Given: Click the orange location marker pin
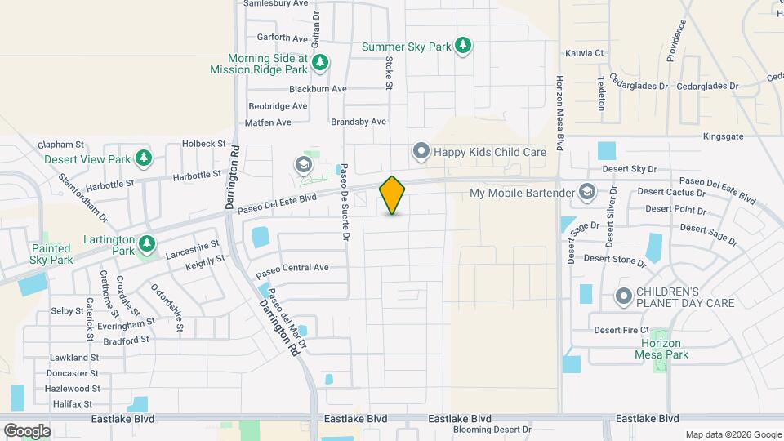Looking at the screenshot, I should [x=392, y=195].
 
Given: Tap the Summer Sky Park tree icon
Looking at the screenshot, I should [x=464, y=46].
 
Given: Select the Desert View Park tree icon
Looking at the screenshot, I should [x=144, y=158].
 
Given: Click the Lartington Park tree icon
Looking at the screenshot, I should [x=147, y=243].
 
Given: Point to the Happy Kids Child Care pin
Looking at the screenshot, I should [x=421, y=151].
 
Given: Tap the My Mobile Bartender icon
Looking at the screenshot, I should [x=586, y=193].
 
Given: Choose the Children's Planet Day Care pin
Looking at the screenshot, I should [x=624, y=296].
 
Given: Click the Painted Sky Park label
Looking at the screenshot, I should [x=52, y=253].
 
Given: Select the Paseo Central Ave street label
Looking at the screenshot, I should [x=292, y=268].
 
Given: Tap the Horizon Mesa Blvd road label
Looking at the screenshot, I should [x=560, y=114].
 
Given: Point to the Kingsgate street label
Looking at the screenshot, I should [x=723, y=136].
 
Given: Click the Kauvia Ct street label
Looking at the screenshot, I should [x=584, y=53].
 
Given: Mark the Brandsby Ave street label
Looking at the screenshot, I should [x=359, y=122].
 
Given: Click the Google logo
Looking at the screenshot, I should [x=27, y=431].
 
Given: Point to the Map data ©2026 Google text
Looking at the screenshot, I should [x=733, y=434].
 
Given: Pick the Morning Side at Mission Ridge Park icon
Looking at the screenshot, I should [x=321, y=62].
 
